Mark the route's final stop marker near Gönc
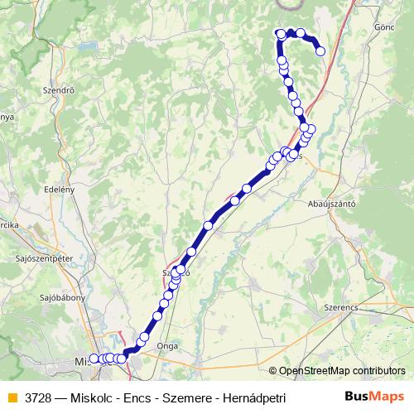[x=320, y=52]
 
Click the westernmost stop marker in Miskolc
[x=93, y=359]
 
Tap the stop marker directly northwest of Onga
[x=144, y=337]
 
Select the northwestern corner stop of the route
[x=280, y=34]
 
